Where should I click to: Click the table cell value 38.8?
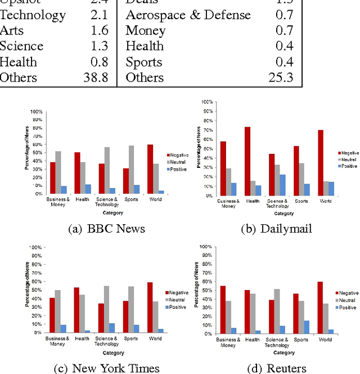point(96,78)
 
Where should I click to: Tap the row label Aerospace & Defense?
point(188,15)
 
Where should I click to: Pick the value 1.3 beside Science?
point(98,46)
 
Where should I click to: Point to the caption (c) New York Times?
point(107,368)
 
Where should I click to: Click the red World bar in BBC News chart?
point(150,169)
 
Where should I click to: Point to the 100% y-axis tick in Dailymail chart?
point(206,102)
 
